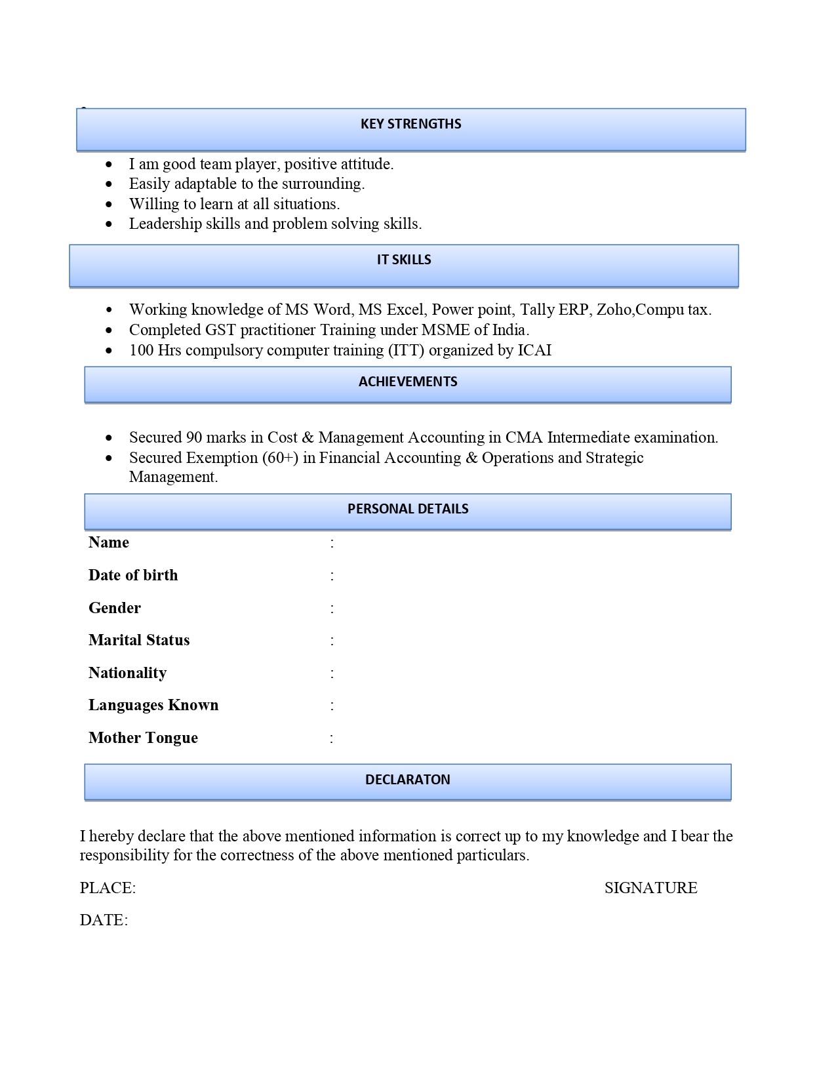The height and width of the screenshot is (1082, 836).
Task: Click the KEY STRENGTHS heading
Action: [x=410, y=124]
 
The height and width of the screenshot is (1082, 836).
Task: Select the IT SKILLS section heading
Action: [x=404, y=260]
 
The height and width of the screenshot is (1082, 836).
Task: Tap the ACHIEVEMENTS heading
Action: [x=408, y=382]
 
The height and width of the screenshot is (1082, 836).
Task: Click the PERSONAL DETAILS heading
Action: [x=408, y=509]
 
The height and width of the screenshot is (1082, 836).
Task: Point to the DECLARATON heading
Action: [x=408, y=780]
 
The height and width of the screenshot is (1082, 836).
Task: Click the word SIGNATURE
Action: [x=650, y=888]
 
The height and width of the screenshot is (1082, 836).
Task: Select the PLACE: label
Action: [x=108, y=888]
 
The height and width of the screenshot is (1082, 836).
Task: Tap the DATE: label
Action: [x=104, y=920]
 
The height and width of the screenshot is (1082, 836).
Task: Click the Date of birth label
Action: [x=133, y=575]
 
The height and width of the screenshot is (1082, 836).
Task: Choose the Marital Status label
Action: [x=139, y=640]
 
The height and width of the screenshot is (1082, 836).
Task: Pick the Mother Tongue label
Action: [x=143, y=738]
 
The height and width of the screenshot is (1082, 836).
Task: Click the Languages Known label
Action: [x=153, y=705]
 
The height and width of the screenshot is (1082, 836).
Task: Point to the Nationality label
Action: [x=127, y=673]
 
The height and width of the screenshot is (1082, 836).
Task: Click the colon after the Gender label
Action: [x=332, y=608]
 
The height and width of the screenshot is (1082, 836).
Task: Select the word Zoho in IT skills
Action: [x=613, y=310]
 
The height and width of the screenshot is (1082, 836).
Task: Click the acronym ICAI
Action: [x=534, y=350]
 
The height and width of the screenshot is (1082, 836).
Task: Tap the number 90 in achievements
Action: [x=194, y=437]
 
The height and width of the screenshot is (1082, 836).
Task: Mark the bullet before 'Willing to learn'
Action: [x=109, y=205]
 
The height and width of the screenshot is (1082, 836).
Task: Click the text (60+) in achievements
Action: [x=280, y=458]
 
